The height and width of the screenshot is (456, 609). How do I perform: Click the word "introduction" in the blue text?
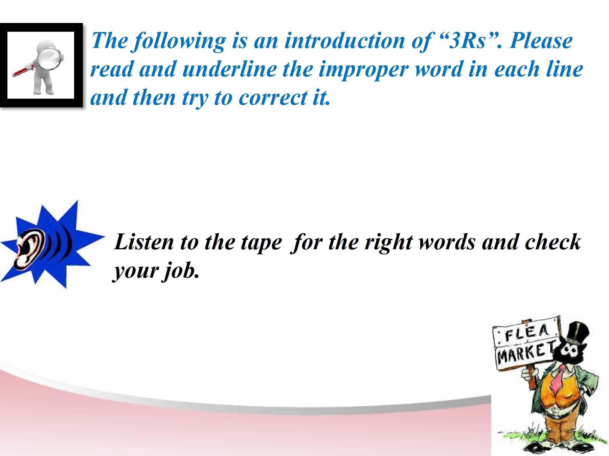(x=345, y=41)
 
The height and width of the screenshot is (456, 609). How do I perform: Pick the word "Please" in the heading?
(x=541, y=41)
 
